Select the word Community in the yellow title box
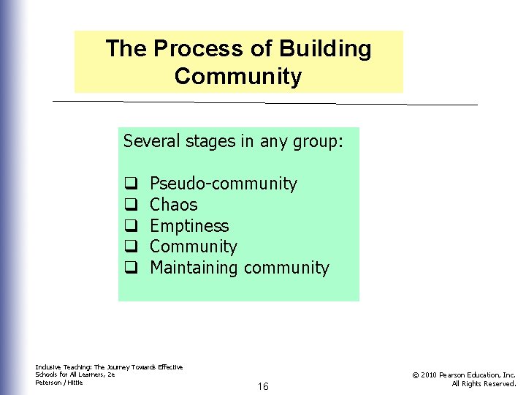pos(238,76)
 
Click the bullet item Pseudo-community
pos(223,184)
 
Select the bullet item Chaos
pos(173,205)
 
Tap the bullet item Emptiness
pos(189,226)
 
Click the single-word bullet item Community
pos(193,247)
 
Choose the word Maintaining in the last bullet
pos(194,268)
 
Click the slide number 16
pos(262,386)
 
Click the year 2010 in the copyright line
pos(429,375)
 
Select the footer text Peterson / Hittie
pos(59,382)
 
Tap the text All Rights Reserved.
pos(484,383)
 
